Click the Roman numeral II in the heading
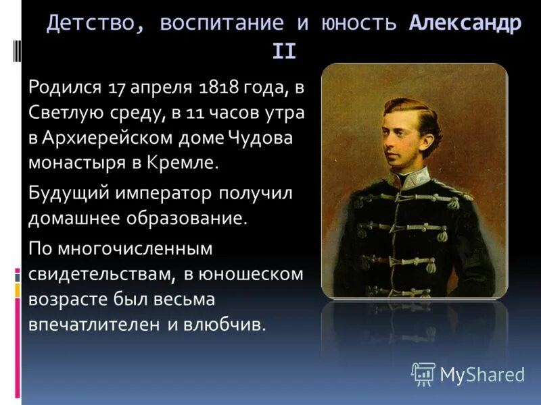pos(284,51)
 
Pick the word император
pos(166,194)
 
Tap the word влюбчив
pos(226,324)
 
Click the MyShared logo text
pos(482,375)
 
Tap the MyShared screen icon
pos(423,373)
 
